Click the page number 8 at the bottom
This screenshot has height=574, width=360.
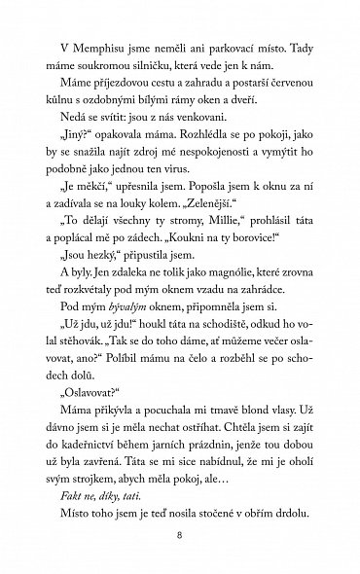coord(180,537)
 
